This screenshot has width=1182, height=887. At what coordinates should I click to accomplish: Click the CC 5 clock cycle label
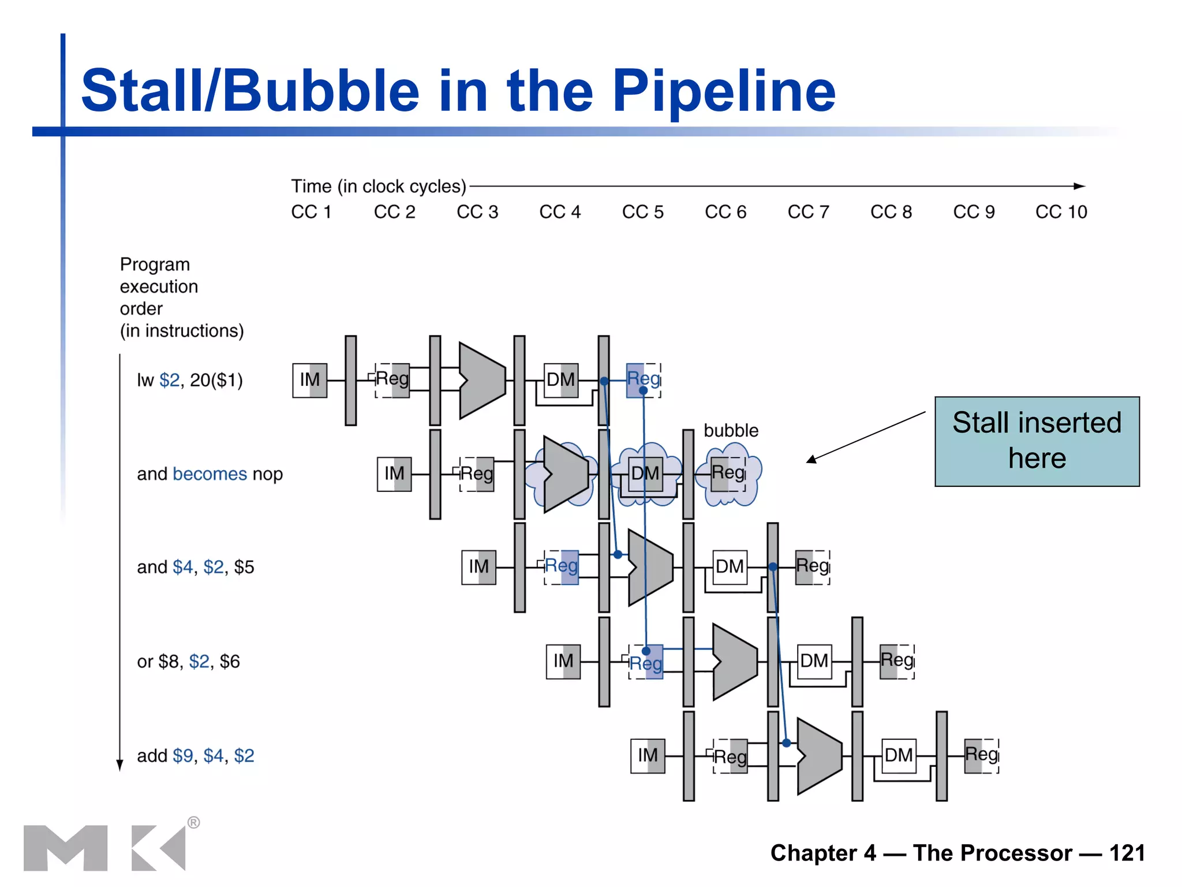click(x=642, y=212)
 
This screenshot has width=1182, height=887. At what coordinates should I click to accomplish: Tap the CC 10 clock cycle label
click(x=1061, y=212)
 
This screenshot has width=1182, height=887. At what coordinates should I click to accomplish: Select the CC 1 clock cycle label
click(x=311, y=212)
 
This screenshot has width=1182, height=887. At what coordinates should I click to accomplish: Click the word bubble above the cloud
click(x=731, y=430)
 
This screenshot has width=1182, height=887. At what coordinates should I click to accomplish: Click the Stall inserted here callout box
click(x=1037, y=441)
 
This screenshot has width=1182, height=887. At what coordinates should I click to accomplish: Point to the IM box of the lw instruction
click(x=310, y=380)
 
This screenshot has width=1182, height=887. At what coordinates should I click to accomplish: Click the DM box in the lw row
click(x=561, y=380)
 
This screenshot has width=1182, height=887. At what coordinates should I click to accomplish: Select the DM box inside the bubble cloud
click(x=645, y=474)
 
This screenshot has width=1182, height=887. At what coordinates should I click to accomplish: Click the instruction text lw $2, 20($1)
click(x=189, y=380)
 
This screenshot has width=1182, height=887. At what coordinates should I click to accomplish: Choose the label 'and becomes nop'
click(x=210, y=474)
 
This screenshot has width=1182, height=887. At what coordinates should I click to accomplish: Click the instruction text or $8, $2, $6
click(x=188, y=661)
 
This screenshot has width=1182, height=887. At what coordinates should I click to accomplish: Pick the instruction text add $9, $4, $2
click(x=195, y=755)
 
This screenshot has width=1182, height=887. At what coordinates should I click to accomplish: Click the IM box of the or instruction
click(x=563, y=661)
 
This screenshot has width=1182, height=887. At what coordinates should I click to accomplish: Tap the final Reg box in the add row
click(x=982, y=755)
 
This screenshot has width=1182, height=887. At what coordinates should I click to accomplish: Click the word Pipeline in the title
click(x=724, y=91)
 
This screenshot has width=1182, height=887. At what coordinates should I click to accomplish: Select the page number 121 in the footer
click(x=1127, y=853)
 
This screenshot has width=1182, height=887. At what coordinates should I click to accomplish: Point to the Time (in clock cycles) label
click(x=378, y=187)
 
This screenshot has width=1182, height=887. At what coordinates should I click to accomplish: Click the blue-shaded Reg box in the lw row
click(x=643, y=380)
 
